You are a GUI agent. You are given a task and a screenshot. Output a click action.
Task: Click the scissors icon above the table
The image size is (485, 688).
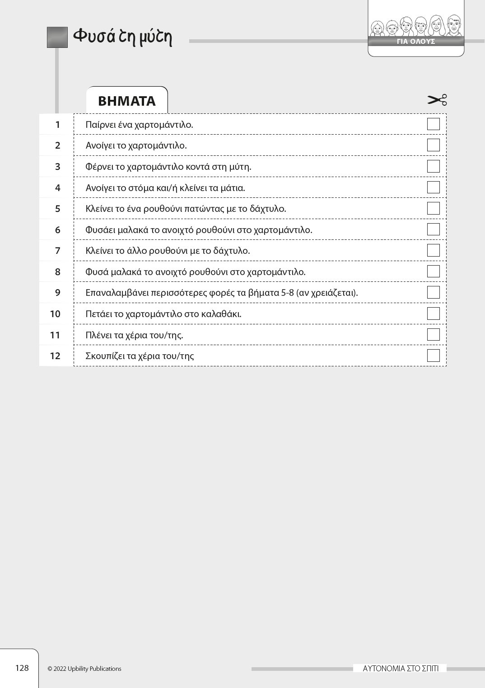(437, 100)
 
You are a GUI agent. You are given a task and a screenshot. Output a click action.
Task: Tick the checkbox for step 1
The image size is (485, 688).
(433, 124)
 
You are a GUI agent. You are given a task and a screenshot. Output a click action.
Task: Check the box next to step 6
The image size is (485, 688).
(433, 229)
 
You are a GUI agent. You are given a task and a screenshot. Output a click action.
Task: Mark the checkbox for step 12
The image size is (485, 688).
(433, 356)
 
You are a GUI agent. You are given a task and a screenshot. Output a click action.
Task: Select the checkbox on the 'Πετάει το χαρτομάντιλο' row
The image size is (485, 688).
(433, 314)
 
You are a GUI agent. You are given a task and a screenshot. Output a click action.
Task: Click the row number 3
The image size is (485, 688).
(57, 167)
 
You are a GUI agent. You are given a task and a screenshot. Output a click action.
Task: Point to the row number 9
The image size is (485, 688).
(57, 293)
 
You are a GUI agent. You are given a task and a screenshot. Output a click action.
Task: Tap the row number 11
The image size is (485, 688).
(55, 335)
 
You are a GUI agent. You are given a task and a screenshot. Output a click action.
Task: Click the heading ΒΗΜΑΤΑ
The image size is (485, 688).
(126, 101)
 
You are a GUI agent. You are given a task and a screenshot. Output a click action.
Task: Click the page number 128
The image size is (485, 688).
(22, 668)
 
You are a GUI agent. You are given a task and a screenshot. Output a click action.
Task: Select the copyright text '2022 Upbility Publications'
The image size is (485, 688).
(87, 669)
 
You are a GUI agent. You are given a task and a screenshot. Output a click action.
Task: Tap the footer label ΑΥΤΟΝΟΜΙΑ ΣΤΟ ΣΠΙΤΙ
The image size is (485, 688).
(400, 669)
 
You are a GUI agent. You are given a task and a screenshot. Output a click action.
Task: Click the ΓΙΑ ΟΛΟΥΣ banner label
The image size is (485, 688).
(415, 42)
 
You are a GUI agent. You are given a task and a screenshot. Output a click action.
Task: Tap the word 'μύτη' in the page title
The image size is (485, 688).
(155, 36)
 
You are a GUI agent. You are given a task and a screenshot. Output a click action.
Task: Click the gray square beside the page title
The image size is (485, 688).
(57, 37)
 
